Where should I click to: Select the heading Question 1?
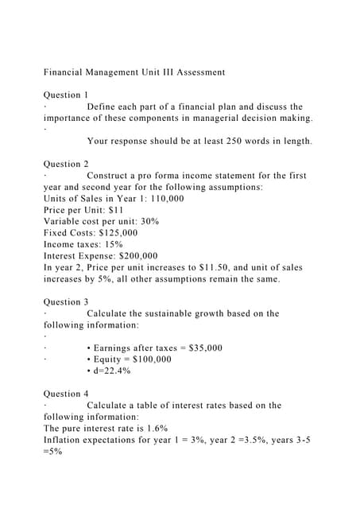point(65,95)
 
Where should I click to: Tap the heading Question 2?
point(65,164)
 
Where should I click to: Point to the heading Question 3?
point(65,302)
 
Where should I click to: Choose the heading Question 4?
point(65,394)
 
